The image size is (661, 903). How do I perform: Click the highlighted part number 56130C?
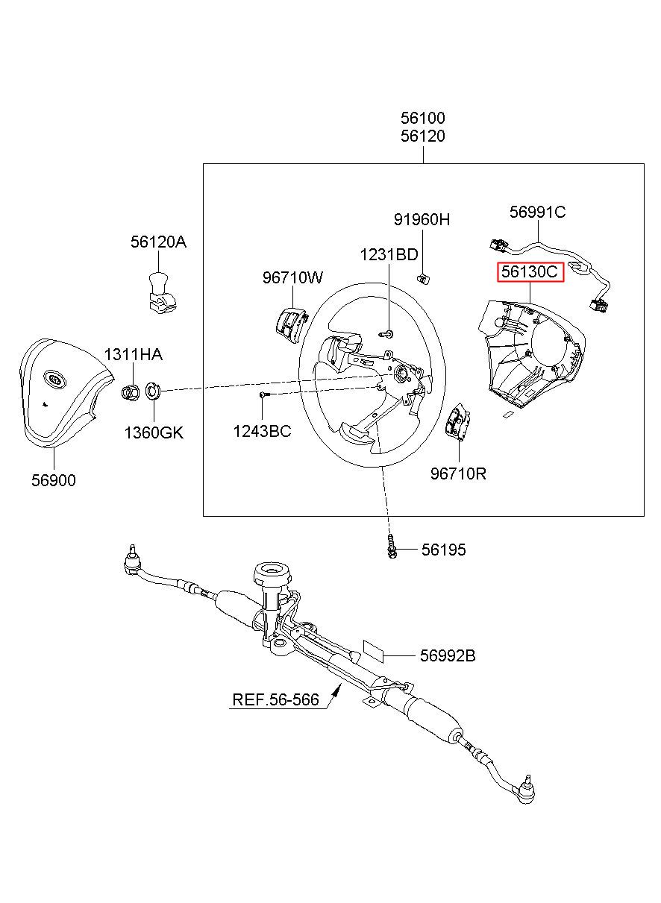[x=530, y=271]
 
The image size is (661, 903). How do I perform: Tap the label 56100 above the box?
[x=423, y=118]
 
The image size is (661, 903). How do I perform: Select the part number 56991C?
[x=537, y=212]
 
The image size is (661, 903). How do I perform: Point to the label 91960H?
[x=422, y=219]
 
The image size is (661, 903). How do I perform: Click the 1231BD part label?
[x=389, y=254]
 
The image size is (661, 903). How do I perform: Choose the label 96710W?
[x=292, y=277]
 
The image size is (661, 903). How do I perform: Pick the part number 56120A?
[x=158, y=242]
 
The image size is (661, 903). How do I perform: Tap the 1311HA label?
[x=133, y=354]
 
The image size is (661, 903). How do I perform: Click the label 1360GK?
[x=154, y=432]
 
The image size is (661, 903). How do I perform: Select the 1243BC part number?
[x=262, y=431]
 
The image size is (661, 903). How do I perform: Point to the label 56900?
[x=54, y=480]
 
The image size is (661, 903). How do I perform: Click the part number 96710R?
[x=458, y=473]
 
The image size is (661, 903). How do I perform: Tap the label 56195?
[x=444, y=550]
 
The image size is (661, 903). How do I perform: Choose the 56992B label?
[x=448, y=655]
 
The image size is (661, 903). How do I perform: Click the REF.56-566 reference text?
[x=276, y=699]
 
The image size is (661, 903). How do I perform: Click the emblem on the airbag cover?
[x=55, y=378]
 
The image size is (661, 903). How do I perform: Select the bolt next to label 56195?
[x=391, y=547]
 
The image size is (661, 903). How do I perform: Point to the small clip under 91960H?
[x=423, y=277]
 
